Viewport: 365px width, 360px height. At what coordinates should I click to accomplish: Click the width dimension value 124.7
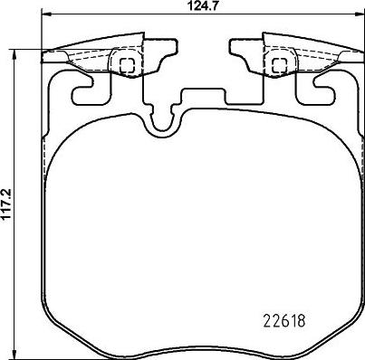tap(200, 5)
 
